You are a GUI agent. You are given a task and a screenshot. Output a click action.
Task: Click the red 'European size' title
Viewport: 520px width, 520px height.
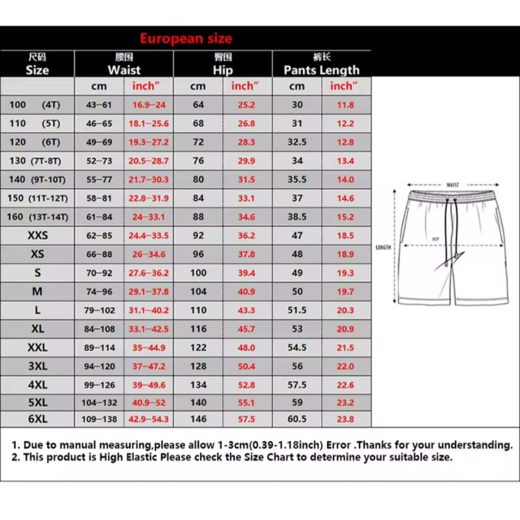pos(185,39)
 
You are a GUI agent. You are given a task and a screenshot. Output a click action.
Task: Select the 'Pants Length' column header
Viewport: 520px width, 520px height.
pos(322,70)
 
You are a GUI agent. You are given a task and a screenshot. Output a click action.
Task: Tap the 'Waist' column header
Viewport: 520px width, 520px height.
pos(124,70)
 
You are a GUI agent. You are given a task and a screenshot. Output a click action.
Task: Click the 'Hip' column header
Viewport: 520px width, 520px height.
pos(223,70)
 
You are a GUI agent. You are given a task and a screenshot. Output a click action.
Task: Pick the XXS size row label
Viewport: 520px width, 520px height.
pos(38,236)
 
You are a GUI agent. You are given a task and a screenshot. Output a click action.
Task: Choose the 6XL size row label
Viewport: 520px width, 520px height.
pos(38,419)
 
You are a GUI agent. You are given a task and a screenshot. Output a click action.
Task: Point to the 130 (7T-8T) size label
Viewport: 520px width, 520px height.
pos(35,161)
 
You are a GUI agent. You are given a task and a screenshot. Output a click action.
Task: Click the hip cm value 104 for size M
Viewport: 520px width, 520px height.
pos(198,292)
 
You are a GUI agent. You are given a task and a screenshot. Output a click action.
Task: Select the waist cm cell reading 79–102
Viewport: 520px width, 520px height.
pos(99,310)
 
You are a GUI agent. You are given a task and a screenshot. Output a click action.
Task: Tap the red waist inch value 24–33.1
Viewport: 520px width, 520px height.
pos(149,217)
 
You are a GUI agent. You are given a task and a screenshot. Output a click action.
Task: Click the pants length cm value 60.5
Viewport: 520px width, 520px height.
pos(297,419)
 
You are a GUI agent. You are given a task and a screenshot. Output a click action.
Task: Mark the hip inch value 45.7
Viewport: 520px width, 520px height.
pos(246,329)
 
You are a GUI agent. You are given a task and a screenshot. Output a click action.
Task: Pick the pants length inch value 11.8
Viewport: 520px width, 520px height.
pos(345,105)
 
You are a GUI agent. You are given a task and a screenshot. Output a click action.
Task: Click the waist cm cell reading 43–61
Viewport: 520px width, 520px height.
pos(99,105)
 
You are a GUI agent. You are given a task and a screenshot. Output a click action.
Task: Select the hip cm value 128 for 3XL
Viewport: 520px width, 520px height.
pos(198,366)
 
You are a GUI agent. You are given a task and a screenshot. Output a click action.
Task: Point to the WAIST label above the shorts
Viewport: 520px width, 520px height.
pos(452,185)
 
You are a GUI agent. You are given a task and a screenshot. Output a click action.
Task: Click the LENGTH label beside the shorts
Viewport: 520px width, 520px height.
pos(383,247)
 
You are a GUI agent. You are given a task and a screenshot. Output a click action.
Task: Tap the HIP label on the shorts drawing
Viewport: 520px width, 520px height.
pos(435,239)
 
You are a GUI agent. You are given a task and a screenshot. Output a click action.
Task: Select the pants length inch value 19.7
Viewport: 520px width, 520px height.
pos(345,292)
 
